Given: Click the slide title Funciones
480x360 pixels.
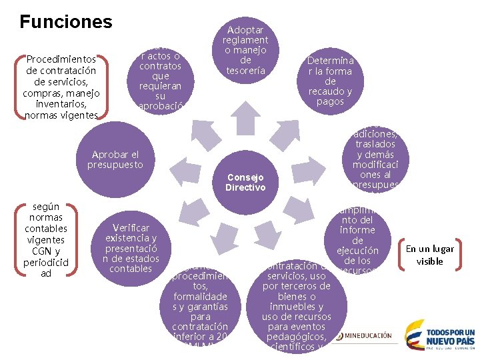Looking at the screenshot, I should [66, 21].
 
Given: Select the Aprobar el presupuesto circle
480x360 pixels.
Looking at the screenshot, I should [117, 160].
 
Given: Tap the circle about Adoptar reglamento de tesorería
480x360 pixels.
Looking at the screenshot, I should [245, 50].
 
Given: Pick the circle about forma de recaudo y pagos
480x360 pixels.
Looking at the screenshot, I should [330, 81].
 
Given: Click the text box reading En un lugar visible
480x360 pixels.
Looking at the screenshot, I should [429, 255].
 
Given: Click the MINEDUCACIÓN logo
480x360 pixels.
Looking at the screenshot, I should [365, 335].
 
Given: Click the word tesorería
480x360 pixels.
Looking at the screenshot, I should [245, 70].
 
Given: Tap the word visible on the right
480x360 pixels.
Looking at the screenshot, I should [429, 261].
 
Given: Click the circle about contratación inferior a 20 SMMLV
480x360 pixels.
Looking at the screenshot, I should [200, 307].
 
